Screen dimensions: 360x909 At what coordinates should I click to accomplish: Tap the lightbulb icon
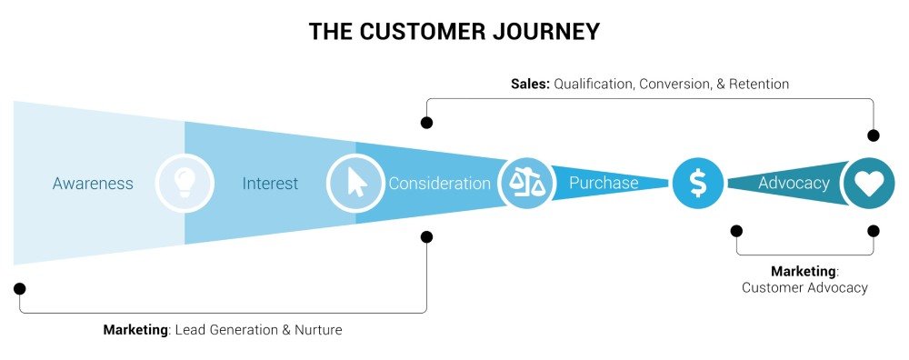click(x=185, y=184)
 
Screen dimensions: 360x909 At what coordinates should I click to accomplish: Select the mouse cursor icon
click(x=355, y=184)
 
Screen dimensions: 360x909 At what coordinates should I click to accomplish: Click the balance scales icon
click(x=527, y=183)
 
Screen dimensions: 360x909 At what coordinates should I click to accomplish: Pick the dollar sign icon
click(x=697, y=184)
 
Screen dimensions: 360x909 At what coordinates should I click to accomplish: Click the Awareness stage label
click(x=93, y=184)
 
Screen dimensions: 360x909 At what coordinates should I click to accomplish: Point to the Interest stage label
click(x=270, y=184)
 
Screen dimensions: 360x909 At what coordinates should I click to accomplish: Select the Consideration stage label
click(x=439, y=184)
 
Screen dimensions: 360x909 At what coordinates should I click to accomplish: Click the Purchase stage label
click(x=604, y=184)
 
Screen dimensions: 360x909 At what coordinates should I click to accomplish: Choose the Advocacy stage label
click(x=794, y=184)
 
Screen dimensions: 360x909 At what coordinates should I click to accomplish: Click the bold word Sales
click(x=529, y=84)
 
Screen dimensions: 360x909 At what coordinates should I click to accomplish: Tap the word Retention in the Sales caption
click(x=756, y=84)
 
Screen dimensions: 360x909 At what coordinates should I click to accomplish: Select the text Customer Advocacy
click(x=804, y=287)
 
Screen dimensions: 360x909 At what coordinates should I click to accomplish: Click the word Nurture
click(x=317, y=330)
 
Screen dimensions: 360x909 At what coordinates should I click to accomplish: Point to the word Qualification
click(x=596, y=84)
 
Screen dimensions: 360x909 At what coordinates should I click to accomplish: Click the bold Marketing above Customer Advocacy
click(x=803, y=272)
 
